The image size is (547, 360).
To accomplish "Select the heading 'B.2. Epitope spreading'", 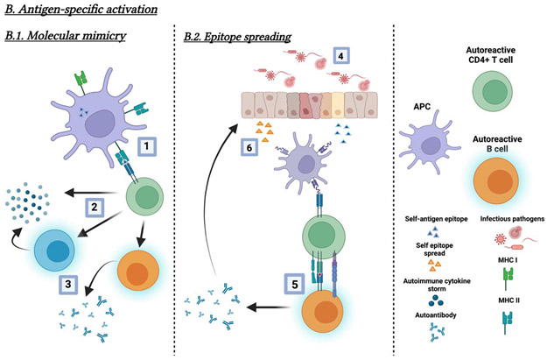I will click(236, 38).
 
